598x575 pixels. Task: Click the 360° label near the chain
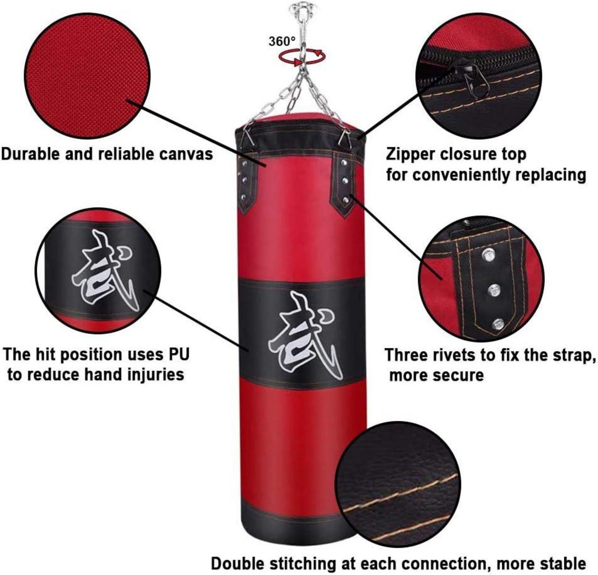pos(282,41)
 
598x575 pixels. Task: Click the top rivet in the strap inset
pos(487,255)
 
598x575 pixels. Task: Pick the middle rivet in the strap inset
pos(494,290)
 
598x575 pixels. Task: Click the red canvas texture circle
pos(87,76)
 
